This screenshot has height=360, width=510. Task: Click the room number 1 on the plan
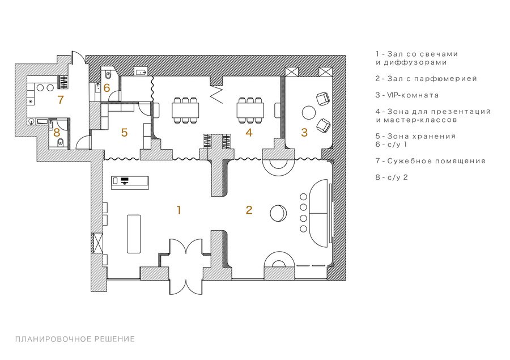178,210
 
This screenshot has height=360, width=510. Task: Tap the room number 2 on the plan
249,210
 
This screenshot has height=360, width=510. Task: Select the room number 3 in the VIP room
304,133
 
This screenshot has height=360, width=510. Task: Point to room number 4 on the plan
249,133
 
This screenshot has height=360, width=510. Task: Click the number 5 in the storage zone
124,133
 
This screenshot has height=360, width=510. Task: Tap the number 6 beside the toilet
107,88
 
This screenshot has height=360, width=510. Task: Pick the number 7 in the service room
61,100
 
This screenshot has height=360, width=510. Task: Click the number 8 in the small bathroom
57,133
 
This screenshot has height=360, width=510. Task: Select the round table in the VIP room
309,113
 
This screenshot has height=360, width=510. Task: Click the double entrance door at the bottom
186,267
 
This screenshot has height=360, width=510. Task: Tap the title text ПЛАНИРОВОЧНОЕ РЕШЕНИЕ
75,339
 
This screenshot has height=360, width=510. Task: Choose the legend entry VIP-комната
407,95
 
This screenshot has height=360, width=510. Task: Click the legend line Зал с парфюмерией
426,79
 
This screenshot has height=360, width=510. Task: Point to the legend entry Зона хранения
415,136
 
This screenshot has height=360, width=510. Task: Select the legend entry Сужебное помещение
430,161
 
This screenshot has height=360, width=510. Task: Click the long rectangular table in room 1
134,234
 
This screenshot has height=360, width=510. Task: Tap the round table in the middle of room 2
278,213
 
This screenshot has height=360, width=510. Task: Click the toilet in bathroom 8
61,142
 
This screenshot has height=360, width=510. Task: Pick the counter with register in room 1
130,183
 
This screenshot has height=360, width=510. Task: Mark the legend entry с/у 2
391,177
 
